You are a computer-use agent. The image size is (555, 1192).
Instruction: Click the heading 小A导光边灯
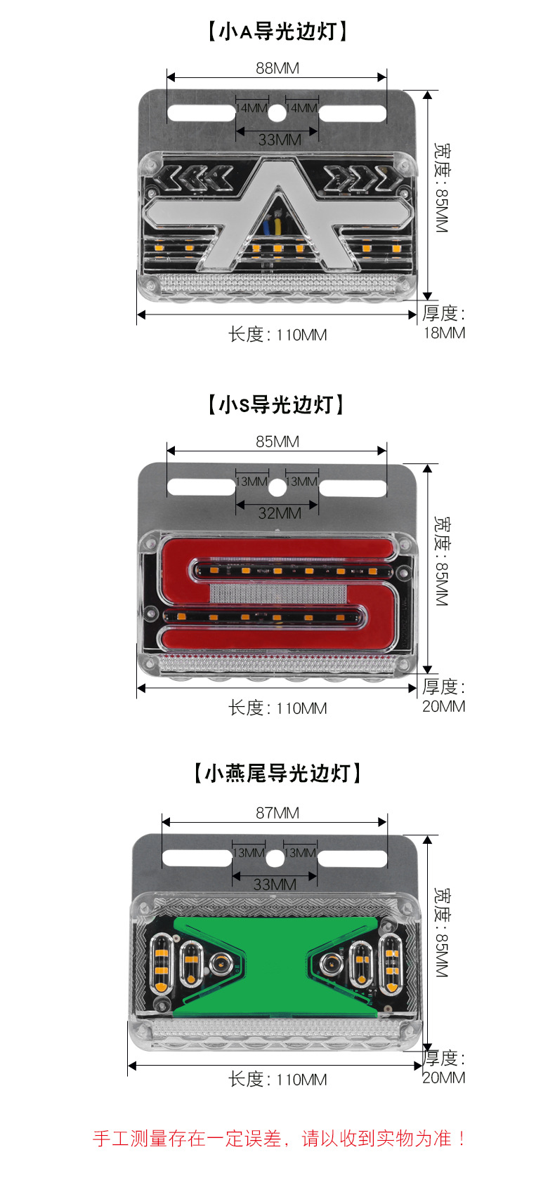pyautogui.click(x=277, y=32)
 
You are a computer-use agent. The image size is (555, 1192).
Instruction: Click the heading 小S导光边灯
pyautogui.click(x=277, y=405)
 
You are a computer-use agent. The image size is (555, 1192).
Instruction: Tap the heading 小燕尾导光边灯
pyautogui.click(x=277, y=774)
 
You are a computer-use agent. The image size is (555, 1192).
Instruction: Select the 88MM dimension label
pyautogui.click(x=277, y=68)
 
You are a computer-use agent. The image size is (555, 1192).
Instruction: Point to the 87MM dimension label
pyautogui.click(x=277, y=813)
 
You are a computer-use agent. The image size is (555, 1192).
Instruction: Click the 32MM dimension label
pyautogui.click(x=279, y=513)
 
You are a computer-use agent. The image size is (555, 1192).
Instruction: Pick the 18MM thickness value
pyautogui.click(x=444, y=333)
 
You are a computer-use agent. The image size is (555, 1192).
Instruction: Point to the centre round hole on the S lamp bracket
pyautogui.click(x=277, y=485)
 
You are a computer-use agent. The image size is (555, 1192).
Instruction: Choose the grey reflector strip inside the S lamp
pyautogui.click(x=278, y=592)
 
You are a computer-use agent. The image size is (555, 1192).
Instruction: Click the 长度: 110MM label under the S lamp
pyautogui.click(x=277, y=708)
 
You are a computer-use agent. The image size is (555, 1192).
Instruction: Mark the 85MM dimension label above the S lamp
pyautogui.click(x=277, y=442)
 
